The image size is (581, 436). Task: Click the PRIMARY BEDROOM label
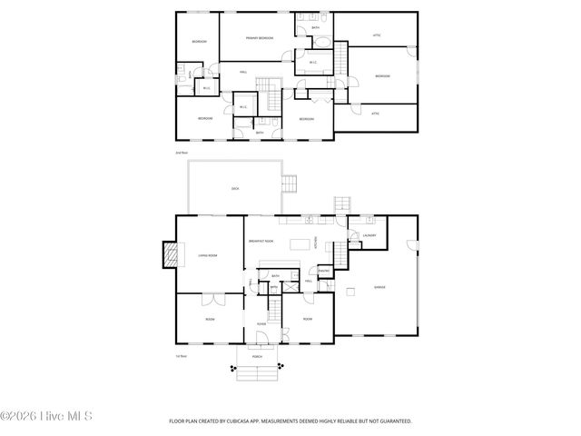(259, 38)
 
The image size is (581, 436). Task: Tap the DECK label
(234, 188)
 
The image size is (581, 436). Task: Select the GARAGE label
(379, 288)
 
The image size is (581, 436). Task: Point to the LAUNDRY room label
(369, 236)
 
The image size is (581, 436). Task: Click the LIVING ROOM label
(208, 256)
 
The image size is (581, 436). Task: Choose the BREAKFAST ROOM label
(260, 241)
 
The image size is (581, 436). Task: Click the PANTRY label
(324, 271)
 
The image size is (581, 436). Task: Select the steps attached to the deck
(290, 183)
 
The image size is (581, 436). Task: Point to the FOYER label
(261, 322)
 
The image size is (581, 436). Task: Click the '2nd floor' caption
(182, 154)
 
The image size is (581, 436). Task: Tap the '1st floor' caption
(182, 357)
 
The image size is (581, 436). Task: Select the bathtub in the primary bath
(319, 64)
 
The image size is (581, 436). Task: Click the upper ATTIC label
(377, 35)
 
